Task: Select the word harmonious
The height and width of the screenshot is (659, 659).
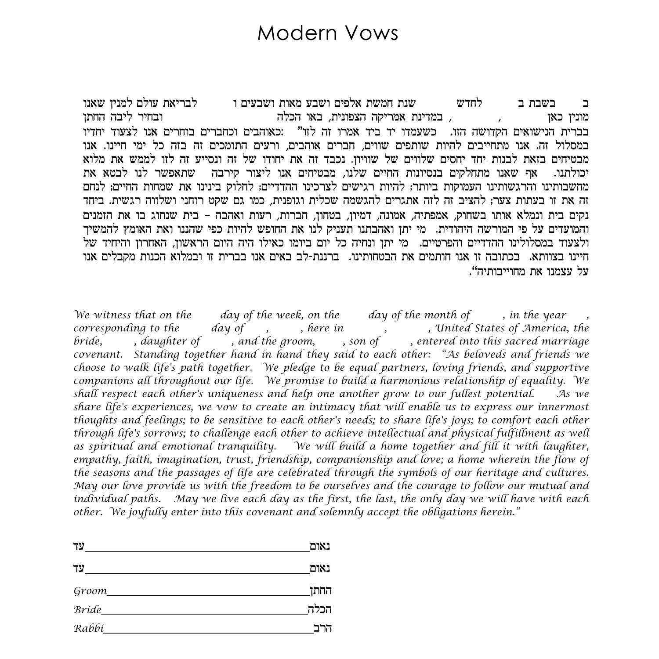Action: pos(410,381)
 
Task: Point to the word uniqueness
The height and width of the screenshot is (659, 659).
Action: pos(232,394)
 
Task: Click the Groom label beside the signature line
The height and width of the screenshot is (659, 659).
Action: pos(90,591)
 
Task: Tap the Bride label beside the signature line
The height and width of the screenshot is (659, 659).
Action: pos(87,610)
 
